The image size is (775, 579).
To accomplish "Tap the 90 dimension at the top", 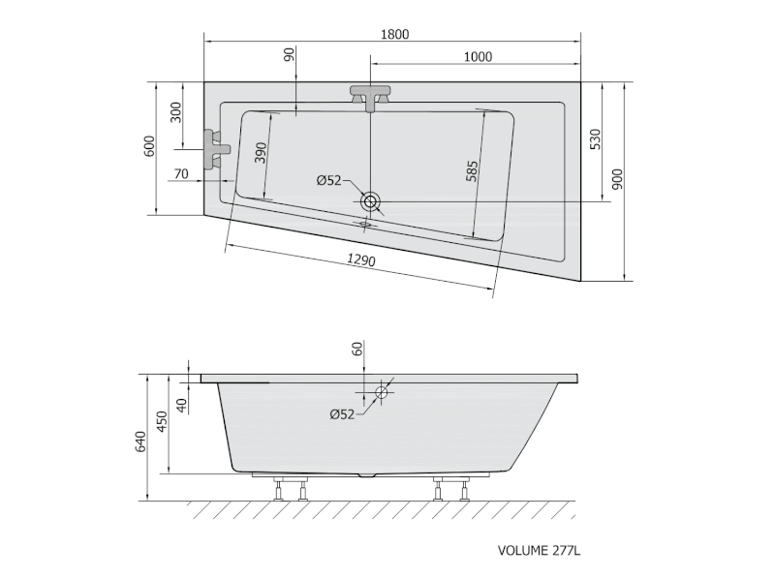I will (290, 55).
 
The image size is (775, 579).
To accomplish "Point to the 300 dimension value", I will (175, 113).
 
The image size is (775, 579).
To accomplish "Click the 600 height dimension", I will (149, 146).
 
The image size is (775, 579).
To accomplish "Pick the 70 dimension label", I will (181, 174).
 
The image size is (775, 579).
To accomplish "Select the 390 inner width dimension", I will (260, 153).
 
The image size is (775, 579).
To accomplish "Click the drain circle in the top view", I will (371, 202).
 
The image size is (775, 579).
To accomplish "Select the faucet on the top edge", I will (369, 96).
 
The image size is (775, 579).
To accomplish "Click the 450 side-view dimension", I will (163, 422).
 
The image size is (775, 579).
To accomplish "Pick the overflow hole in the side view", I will (382, 392).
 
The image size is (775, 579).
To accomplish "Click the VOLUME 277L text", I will (538, 551).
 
